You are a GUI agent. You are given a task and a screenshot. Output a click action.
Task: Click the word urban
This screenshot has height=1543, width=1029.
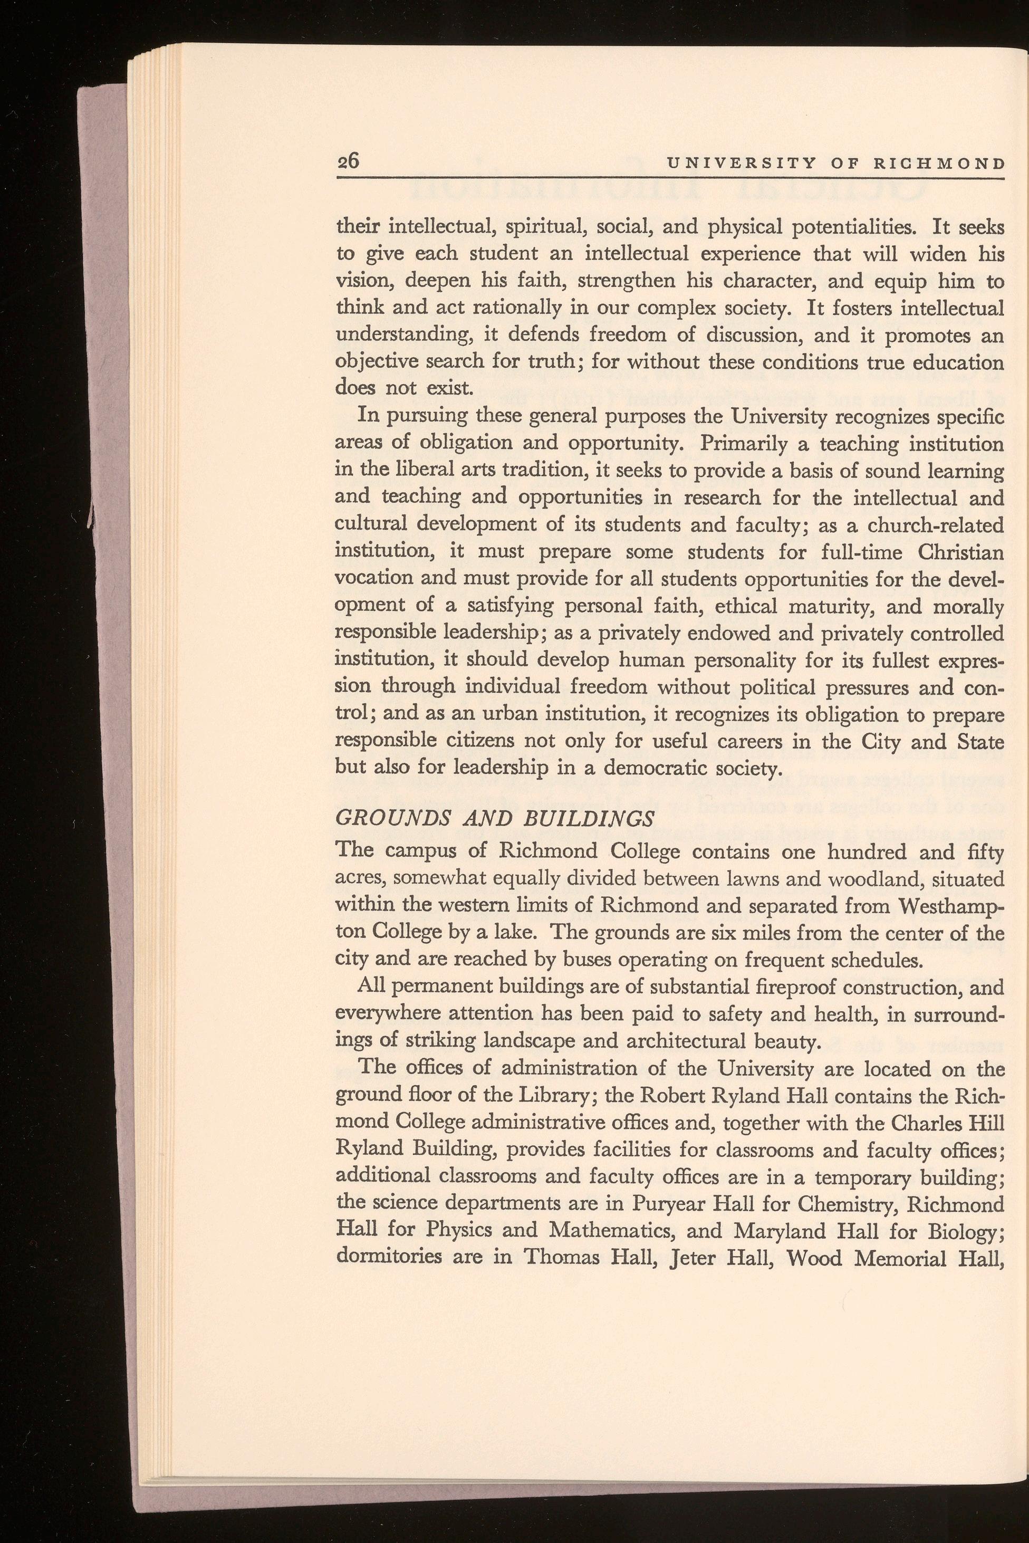[x=470, y=714]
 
